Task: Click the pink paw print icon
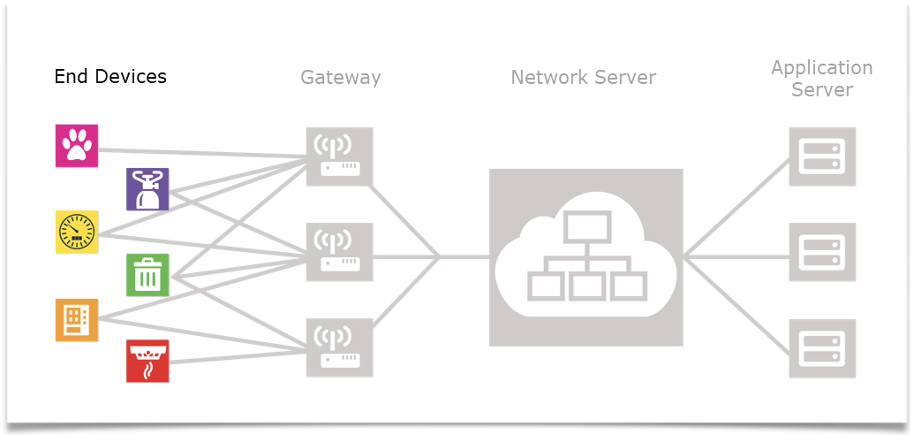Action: (77, 146)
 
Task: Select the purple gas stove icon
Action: (147, 189)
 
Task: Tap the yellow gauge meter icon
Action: (77, 232)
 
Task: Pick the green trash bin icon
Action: (147, 275)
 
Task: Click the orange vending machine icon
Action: (77, 319)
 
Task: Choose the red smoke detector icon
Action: (147, 361)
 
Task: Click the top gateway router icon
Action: (339, 156)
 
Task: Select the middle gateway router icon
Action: (339, 252)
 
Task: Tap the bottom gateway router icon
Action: (339, 347)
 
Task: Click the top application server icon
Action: (822, 156)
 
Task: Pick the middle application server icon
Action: (822, 252)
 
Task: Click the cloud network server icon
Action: (586, 256)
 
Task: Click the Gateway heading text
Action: (340, 77)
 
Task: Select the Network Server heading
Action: (583, 77)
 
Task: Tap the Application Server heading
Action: (821, 78)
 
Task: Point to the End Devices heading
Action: (110, 77)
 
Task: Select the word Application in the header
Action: (821, 67)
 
